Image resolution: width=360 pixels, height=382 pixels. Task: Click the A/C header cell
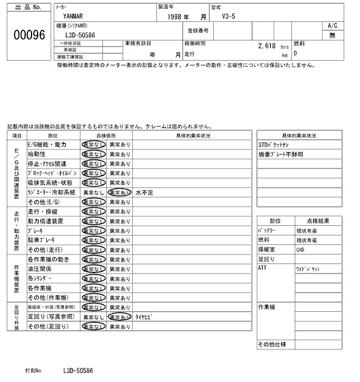pyautogui.click(x=332, y=26)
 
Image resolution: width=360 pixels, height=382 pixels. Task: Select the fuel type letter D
pyautogui.click(x=296, y=54)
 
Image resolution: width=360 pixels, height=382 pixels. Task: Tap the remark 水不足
pyautogui.click(x=145, y=192)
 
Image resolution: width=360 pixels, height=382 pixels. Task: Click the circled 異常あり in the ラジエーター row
pyautogui.click(x=119, y=192)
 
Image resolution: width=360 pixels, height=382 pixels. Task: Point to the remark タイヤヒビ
pyautogui.click(x=145, y=317)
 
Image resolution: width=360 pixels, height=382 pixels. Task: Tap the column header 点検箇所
pyautogui.click(x=106, y=135)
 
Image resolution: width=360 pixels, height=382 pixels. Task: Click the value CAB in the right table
pyautogui.click(x=301, y=249)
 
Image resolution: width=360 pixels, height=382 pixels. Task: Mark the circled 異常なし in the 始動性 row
pyautogui.click(x=93, y=154)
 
